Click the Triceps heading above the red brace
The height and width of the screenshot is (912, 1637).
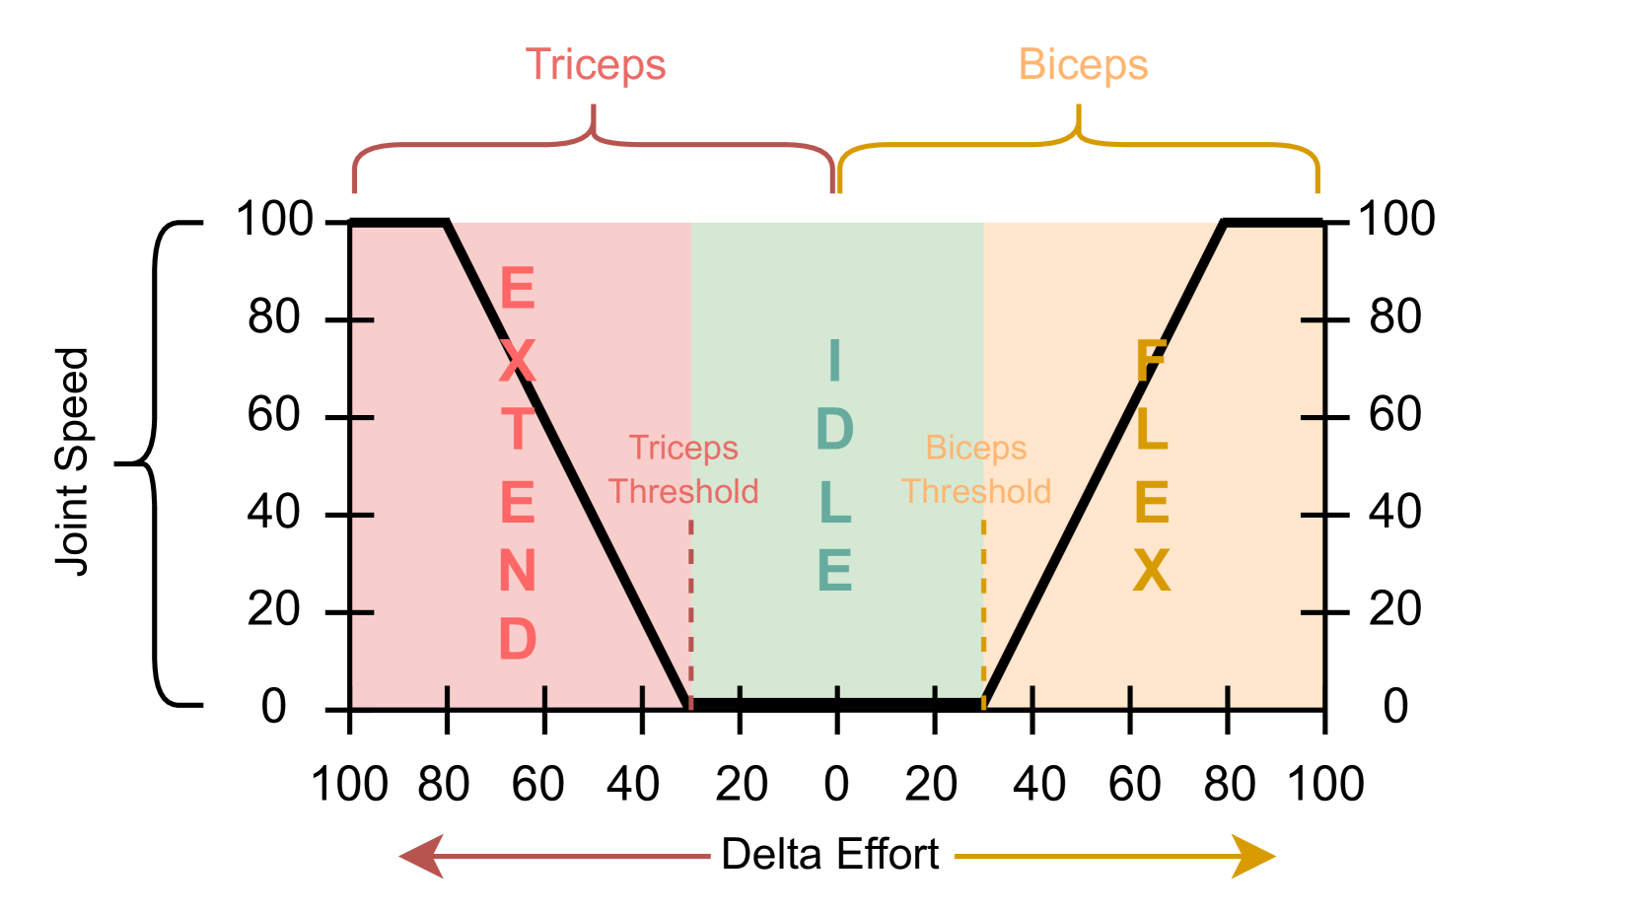(596, 65)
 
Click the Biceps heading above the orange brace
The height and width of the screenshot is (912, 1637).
(1083, 65)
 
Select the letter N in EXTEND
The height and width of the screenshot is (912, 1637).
(518, 571)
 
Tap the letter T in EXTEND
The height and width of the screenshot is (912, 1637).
(518, 430)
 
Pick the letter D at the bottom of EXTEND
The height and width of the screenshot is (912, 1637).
(518, 639)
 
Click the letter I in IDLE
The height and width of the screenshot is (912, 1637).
(835, 360)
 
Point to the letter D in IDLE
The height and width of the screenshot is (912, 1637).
(835, 430)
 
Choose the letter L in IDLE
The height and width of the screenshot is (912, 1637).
(835, 502)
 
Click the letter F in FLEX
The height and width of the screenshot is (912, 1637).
(1151, 360)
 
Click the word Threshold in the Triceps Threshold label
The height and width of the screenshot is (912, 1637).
(683, 491)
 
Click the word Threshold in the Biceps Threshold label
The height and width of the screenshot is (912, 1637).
(976, 491)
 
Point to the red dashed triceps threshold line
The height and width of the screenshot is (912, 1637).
(691, 611)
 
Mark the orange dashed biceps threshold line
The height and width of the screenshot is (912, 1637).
(983, 611)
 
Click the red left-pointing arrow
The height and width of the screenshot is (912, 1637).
(552, 856)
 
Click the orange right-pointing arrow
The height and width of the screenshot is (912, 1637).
(1114, 856)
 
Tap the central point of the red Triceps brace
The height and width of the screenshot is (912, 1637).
(594, 123)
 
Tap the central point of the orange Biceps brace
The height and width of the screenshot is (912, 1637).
(1078, 123)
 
